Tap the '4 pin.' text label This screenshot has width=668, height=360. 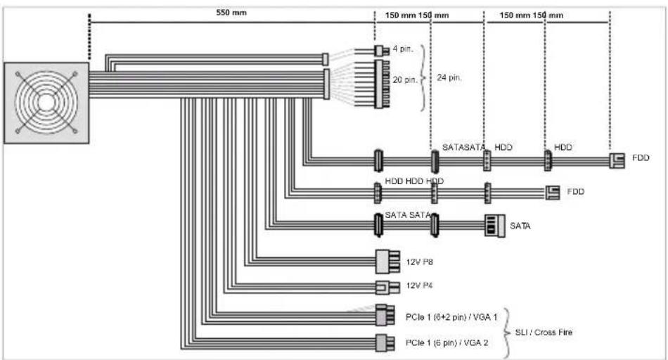403,49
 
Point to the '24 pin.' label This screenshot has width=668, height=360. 450,78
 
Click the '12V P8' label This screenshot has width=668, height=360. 420,262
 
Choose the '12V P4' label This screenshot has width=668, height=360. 420,287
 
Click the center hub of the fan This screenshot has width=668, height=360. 46,101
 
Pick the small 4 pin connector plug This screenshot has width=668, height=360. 380,51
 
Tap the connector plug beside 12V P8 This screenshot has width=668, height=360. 387,262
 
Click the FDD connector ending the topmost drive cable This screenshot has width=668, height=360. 617,161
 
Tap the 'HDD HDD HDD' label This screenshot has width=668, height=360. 414,181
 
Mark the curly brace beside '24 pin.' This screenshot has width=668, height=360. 424,77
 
